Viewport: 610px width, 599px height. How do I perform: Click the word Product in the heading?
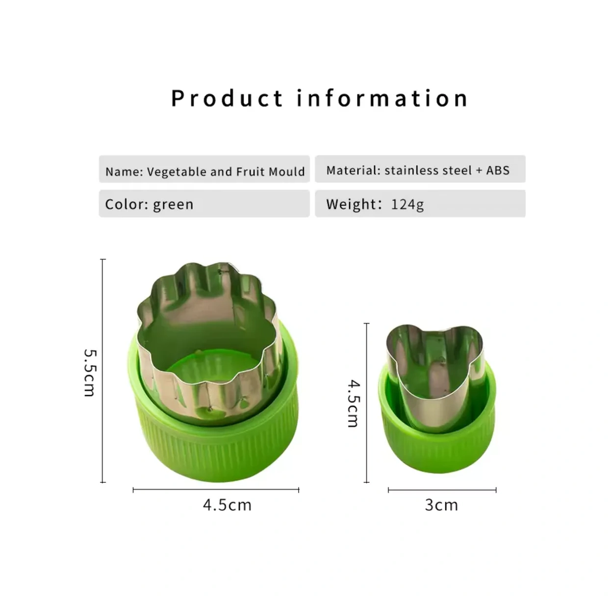pyautogui.click(x=227, y=98)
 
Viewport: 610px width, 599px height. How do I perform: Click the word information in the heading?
pyautogui.click(x=382, y=98)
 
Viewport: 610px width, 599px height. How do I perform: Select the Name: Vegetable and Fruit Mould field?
pyautogui.click(x=204, y=169)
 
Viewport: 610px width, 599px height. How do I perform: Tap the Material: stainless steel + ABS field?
pyautogui.click(x=420, y=169)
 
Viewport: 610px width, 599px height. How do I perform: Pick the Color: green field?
pyautogui.click(x=204, y=203)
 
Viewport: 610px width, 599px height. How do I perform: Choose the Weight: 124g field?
pyautogui.click(x=420, y=203)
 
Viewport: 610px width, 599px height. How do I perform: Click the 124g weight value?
pyautogui.click(x=407, y=205)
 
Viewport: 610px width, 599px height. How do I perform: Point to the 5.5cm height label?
pyautogui.click(x=90, y=373)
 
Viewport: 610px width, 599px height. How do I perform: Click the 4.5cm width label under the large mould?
pyautogui.click(x=228, y=505)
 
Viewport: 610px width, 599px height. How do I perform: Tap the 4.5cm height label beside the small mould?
pyautogui.click(x=354, y=403)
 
